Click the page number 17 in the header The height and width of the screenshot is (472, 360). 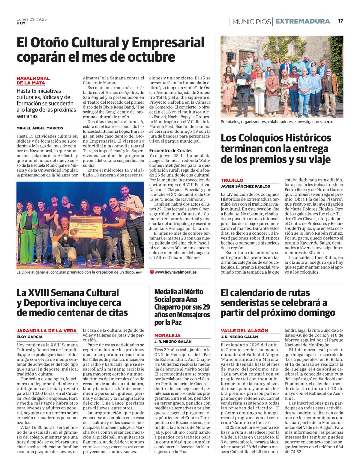click(x=340, y=21)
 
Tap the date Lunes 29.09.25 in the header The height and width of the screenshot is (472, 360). click(x=31, y=19)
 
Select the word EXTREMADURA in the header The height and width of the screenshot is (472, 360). click(x=302, y=21)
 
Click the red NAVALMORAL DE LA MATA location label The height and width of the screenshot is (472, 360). click(x=33, y=81)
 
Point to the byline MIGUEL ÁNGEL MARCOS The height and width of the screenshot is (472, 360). click(x=40, y=128)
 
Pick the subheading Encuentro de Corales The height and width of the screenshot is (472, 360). click(x=171, y=150)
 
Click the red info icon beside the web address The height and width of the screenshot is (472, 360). click(x=152, y=272)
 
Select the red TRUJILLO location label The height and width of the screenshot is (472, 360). click(x=232, y=180)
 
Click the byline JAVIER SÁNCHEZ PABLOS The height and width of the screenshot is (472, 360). click(x=245, y=186)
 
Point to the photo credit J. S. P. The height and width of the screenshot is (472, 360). click(x=328, y=122)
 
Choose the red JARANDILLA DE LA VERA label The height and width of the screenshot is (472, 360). click(x=46, y=331)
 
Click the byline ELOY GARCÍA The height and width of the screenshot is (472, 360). click(x=29, y=337)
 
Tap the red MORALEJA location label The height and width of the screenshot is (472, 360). click(x=167, y=335)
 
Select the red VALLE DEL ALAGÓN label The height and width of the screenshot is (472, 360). click(x=244, y=331)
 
